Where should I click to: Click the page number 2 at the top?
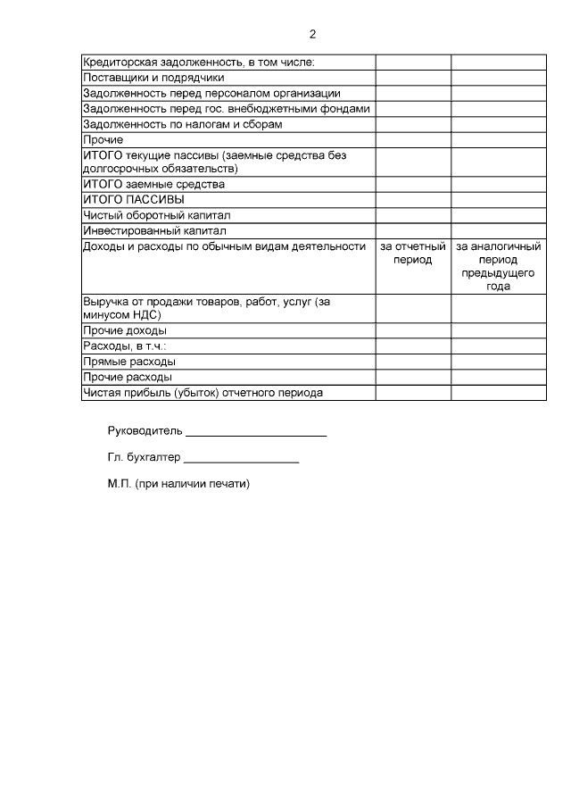(x=312, y=35)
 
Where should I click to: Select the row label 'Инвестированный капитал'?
(x=154, y=230)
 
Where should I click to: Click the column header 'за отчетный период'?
(x=412, y=253)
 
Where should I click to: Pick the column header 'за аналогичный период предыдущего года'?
(x=498, y=266)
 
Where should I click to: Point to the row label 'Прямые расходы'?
(x=128, y=362)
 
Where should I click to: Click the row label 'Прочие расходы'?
(x=128, y=377)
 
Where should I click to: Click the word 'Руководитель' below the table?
(x=145, y=430)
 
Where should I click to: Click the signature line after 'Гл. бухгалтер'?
(x=241, y=461)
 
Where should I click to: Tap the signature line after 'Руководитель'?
(x=256, y=434)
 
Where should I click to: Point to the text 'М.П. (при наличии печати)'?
(x=178, y=484)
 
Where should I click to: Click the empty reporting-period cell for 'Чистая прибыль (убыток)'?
(x=412, y=393)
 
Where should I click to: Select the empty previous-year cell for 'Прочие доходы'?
(x=498, y=330)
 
